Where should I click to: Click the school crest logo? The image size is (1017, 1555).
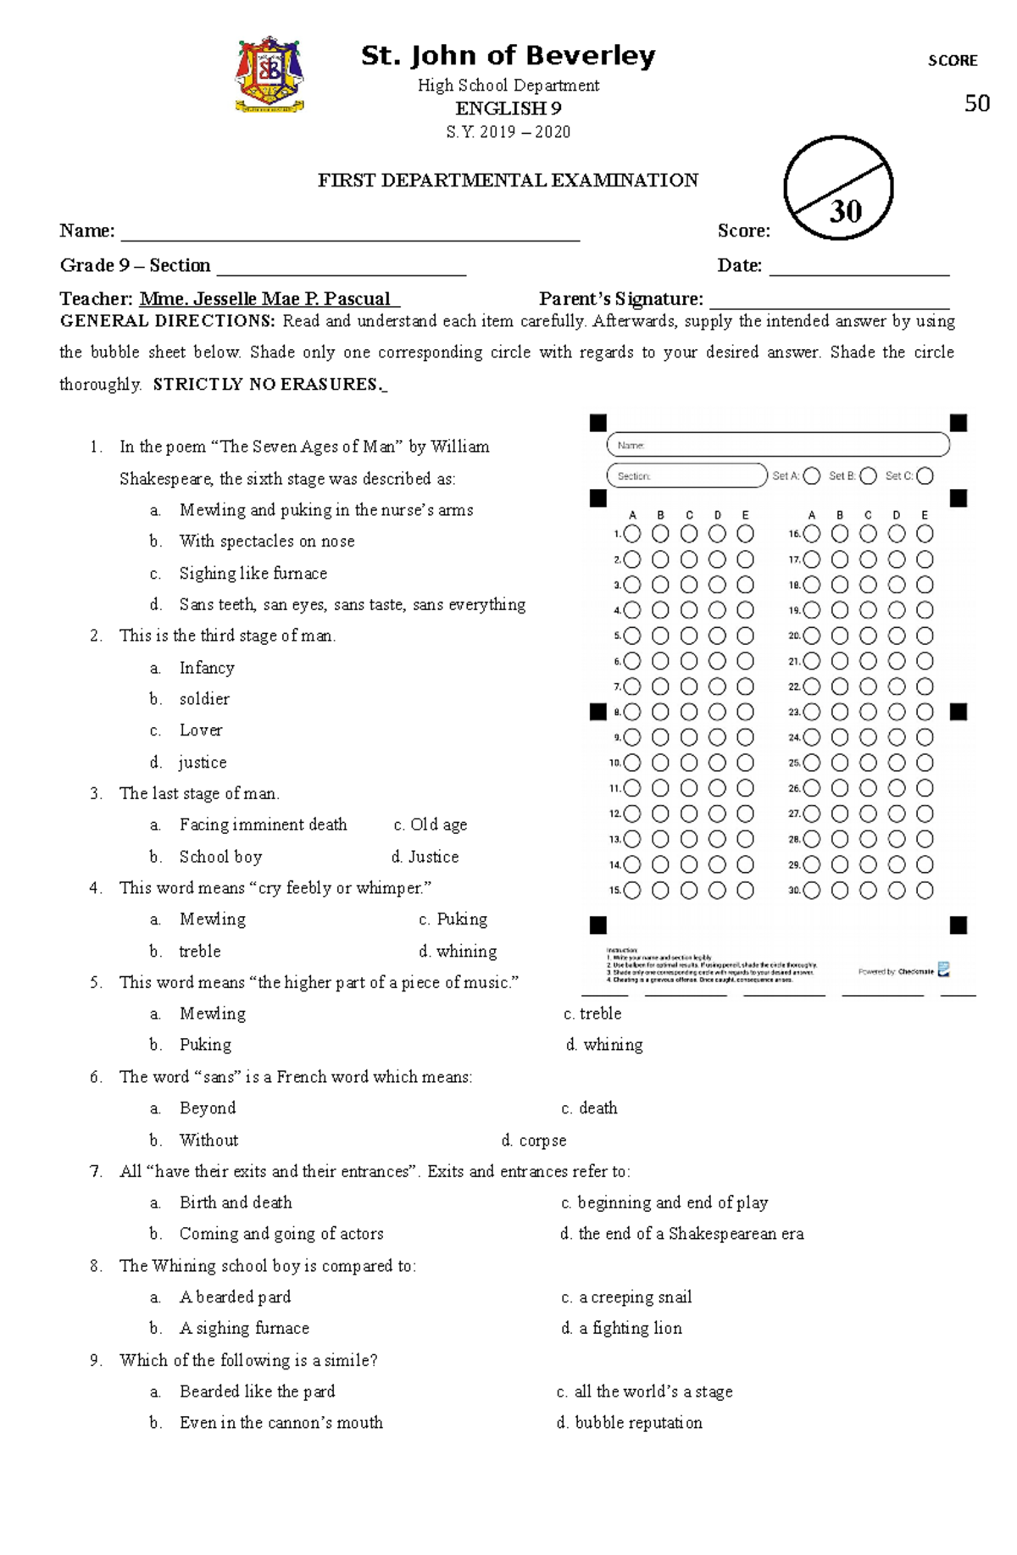[x=270, y=75]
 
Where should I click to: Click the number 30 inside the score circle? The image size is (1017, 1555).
[x=845, y=211]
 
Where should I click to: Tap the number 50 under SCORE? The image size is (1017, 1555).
[x=976, y=103]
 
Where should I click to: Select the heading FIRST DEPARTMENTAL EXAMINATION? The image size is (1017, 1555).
[x=508, y=180]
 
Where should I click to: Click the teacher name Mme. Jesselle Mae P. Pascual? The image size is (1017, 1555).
[x=269, y=299]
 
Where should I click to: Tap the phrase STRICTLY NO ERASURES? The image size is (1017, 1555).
[x=269, y=385]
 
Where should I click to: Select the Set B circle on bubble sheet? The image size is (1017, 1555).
[x=868, y=476]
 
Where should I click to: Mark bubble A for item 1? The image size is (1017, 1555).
[x=632, y=534]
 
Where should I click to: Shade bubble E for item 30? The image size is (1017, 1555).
[x=925, y=891]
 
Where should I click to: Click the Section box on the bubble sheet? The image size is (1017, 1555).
[x=686, y=476]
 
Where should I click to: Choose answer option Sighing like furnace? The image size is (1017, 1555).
[x=253, y=574]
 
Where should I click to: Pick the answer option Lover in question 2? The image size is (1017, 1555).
[x=201, y=730]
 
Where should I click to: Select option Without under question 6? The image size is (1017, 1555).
[x=208, y=1141]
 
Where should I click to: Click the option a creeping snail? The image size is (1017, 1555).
[x=634, y=1297]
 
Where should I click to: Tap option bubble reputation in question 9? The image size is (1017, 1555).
[x=637, y=1423]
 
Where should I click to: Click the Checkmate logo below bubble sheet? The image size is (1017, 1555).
[x=943, y=970]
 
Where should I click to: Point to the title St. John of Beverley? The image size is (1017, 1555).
[x=508, y=56]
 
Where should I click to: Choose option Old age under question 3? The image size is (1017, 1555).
[x=437, y=825]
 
